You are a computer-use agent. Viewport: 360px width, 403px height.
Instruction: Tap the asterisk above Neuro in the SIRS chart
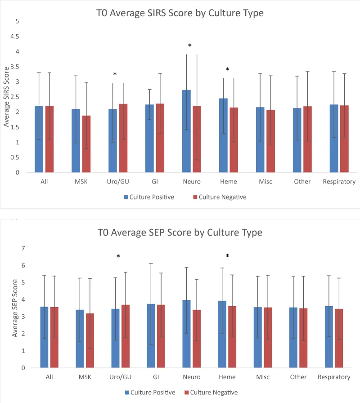[190, 46]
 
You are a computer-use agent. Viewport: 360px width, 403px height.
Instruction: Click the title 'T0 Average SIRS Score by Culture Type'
[180, 13]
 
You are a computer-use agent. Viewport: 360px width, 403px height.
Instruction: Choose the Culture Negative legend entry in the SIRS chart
[220, 197]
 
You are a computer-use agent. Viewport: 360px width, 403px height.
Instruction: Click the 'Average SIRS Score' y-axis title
[6, 97]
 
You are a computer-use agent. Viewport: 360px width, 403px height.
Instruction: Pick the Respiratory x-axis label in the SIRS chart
[339, 182]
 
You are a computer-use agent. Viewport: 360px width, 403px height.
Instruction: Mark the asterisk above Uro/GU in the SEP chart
[118, 257]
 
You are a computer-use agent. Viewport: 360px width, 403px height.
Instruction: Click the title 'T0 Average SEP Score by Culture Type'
[180, 233]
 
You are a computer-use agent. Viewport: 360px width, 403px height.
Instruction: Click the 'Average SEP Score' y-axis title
[15, 308]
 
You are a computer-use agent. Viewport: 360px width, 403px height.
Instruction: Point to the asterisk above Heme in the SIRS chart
[227, 70]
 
